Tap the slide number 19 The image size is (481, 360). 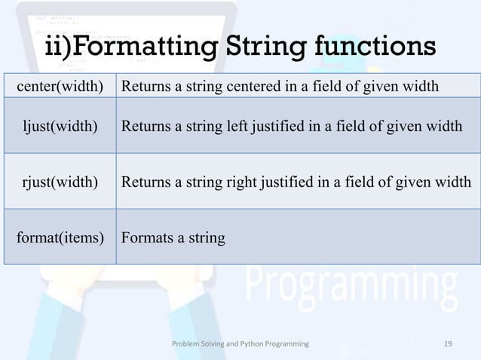coord(448,343)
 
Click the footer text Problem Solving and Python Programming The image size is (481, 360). coord(240,343)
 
